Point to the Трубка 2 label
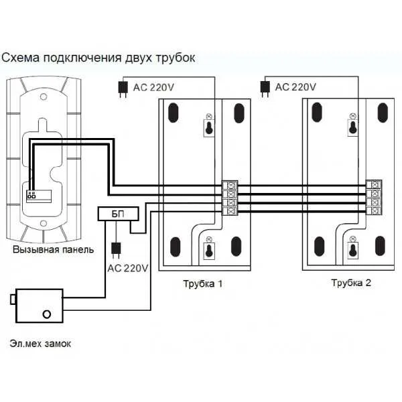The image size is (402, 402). (x=350, y=282)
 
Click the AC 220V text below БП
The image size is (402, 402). (x=127, y=268)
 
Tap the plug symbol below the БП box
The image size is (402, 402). (x=115, y=249)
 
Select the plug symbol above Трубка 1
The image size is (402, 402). (x=123, y=88)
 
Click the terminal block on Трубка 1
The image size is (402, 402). (x=230, y=197)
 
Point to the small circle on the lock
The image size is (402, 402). (x=46, y=314)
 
